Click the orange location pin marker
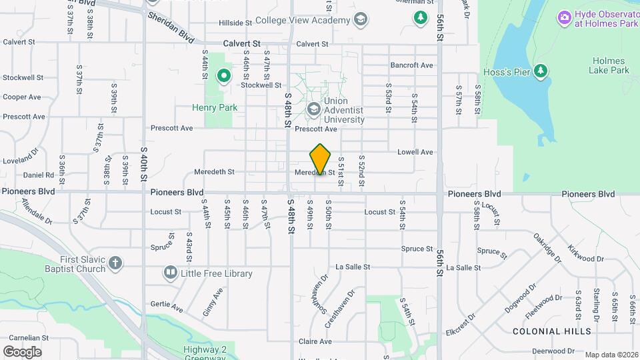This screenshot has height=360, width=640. (321, 159)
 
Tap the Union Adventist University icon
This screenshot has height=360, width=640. (313, 108)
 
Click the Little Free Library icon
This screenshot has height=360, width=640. (171, 273)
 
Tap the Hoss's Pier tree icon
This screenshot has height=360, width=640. (541, 71)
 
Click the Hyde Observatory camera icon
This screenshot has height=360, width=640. (564, 16)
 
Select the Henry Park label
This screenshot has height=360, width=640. (215, 107)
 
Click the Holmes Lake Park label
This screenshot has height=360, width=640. (609, 65)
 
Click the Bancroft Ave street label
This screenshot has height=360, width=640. (412, 65)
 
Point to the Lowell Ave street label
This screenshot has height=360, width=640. (415, 152)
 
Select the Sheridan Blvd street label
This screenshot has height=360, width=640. (171, 27)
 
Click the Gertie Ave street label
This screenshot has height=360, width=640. (167, 309)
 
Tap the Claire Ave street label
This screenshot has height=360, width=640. (315, 341)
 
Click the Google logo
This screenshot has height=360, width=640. (22, 351)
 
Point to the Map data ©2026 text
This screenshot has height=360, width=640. (611, 355)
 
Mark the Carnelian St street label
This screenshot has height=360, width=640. (22, 338)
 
